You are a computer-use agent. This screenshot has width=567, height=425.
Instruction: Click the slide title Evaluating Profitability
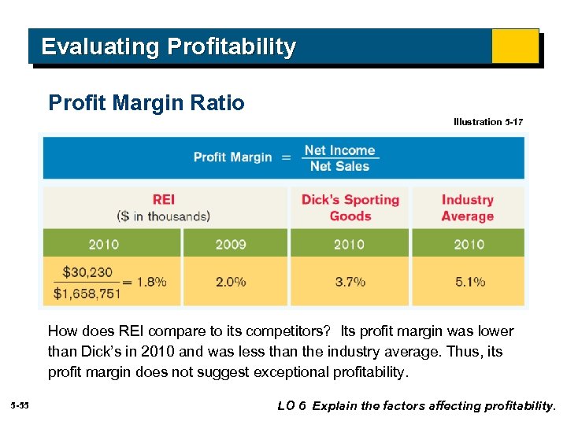pyautogui.click(x=169, y=47)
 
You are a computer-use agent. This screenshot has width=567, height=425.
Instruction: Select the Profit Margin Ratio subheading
pyautogui.click(x=146, y=103)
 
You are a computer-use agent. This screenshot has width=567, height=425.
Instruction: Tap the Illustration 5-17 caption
pyautogui.click(x=487, y=122)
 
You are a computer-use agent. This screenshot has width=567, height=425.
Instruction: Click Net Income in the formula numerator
pyautogui.click(x=339, y=150)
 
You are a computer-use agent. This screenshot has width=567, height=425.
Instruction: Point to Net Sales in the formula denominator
pyautogui.click(x=339, y=166)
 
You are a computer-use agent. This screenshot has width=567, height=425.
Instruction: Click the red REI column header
pyautogui.click(x=163, y=200)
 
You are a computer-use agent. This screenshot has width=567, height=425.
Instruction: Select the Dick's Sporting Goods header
pyautogui.click(x=350, y=208)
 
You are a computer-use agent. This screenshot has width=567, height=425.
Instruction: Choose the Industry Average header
pyautogui.click(x=468, y=208)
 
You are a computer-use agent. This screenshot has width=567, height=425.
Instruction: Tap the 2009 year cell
pyautogui.click(x=231, y=244)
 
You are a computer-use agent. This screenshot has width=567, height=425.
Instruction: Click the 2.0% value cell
pyautogui.click(x=231, y=281)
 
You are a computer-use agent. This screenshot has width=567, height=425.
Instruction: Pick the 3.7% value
pyautogui.click(x=350, y=281)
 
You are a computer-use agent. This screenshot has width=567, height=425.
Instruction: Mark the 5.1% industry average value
pyautogui.click(x=469, y=281)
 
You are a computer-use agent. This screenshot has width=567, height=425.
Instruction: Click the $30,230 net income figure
pyautogui.click(x=87, y=272)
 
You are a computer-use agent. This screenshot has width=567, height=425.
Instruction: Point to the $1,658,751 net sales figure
pyautogui.click(x=87, y=293)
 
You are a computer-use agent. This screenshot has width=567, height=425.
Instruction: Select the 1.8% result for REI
pyautogui.click(x=151, y=282)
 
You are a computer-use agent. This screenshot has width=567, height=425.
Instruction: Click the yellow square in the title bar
pyautogui.click(x=515, y=46)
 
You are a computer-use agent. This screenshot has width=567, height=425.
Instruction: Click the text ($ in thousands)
pyautogui.click(x=163, y=216)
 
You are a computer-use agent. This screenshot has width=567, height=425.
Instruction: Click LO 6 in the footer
pyautogui.click(x=291, y=406)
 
